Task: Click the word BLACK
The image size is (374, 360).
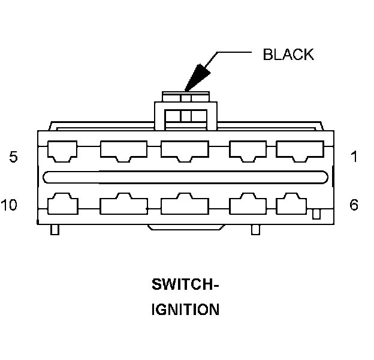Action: click(288, 54)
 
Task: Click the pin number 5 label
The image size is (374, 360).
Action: click(13, 157)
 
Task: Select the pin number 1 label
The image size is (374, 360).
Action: click(354, 157)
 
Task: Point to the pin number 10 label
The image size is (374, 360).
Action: click(10, 205)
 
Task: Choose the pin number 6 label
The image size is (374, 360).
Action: click(354, 205)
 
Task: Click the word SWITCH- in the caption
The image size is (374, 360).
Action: click(185, 284)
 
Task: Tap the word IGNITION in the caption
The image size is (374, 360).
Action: click(185, 310)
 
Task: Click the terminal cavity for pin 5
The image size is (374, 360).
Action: click(62, 150)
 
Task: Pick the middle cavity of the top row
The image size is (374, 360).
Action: click(184, 150)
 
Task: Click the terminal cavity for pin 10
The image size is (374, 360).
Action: click(62, 204)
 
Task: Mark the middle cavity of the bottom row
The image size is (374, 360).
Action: click(185, 204)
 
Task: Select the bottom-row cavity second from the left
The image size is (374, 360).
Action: click(123, 204)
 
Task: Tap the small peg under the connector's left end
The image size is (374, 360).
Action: click(55, 229)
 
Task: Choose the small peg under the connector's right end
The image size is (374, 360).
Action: click(255, 229)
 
